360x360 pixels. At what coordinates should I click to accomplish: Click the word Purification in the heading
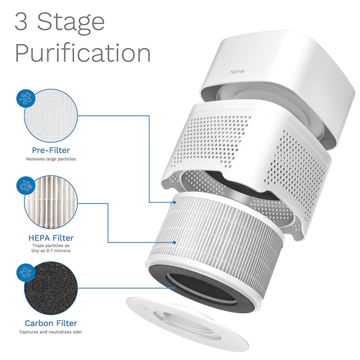point(83,53)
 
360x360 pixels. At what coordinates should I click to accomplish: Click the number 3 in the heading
point(21,22)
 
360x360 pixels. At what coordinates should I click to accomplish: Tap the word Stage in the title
point(71,23)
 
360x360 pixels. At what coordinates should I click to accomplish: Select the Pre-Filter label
point(51,150)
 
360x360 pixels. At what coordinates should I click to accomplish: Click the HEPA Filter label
point(51,238)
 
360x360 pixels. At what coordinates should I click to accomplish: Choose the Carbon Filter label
point(51,323)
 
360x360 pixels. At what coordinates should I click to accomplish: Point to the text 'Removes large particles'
point(51,159)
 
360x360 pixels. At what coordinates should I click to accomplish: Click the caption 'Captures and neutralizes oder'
point(51,332)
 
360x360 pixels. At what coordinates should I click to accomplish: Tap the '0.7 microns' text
point(58,251)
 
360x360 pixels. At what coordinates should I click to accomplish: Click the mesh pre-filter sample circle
point(51,116)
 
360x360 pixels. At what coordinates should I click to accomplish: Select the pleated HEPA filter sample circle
point(51,202)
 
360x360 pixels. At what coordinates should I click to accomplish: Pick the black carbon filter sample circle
point(51,289)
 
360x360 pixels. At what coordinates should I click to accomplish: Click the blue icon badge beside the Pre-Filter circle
point(26,98)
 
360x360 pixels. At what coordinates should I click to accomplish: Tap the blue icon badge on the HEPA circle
point(26,185)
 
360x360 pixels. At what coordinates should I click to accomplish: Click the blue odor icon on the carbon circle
point(26,272)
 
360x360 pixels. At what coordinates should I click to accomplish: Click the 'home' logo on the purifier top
point(237,71)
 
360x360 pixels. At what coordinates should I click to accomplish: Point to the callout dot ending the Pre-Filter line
point(175,202)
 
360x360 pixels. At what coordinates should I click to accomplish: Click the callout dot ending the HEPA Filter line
point(175,242)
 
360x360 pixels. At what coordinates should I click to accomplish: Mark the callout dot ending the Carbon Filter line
point(175,288)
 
